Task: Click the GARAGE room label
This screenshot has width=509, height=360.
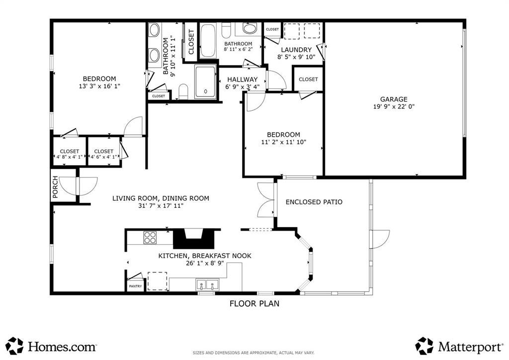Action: point(394,99)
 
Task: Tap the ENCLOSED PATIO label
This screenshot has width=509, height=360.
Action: point(314,202)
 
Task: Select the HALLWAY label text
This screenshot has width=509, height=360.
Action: point(242,79)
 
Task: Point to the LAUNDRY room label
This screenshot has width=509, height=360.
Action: point(296,50)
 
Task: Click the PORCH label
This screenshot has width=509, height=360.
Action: point(55,187)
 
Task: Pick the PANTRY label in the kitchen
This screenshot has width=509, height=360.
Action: point(135,286)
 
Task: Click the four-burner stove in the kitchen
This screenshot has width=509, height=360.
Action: point(150,237)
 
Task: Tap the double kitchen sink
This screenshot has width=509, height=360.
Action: point(207,285)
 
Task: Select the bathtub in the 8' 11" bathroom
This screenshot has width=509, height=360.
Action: point(207,41)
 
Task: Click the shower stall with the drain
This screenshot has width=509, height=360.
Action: point(205,82)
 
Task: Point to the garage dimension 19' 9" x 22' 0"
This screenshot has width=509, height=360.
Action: point(394,106)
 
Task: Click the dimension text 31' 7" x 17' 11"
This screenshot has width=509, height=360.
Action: point(161,205)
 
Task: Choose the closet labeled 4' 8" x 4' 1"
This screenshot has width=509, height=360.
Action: point(69,152)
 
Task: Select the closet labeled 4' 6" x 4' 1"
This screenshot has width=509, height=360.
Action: point(103,152)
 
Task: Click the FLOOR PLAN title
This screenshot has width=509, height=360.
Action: point(254,303)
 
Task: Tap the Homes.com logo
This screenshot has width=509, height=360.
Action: point(51,346)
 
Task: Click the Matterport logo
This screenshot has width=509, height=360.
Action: point(459,346)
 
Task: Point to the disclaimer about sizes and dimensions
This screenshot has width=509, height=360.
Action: point(254,353)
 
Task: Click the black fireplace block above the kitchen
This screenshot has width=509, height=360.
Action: point(194,239)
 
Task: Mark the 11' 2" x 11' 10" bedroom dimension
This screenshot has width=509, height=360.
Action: point(283,142)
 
